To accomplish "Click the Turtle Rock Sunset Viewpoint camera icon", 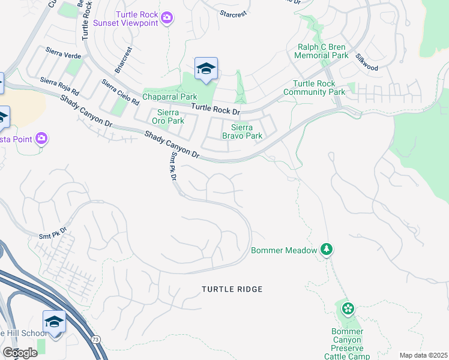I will tap(167, 19).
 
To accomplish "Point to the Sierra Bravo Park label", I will tap(243, 131).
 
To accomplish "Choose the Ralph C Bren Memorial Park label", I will tap(322, 51).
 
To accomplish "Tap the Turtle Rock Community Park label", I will tap(319, 88).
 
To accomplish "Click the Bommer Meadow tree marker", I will tap(326, 249).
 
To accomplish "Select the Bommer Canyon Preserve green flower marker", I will tap(348, 309).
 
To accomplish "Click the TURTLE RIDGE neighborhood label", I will tap(232, 289).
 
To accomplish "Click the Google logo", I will tap(20, 353).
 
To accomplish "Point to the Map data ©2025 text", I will tap(423, 355).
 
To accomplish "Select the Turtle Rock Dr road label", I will tap(215, 109).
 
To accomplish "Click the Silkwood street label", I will tap(366, 63).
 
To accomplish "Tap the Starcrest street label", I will tap(233, 12).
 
